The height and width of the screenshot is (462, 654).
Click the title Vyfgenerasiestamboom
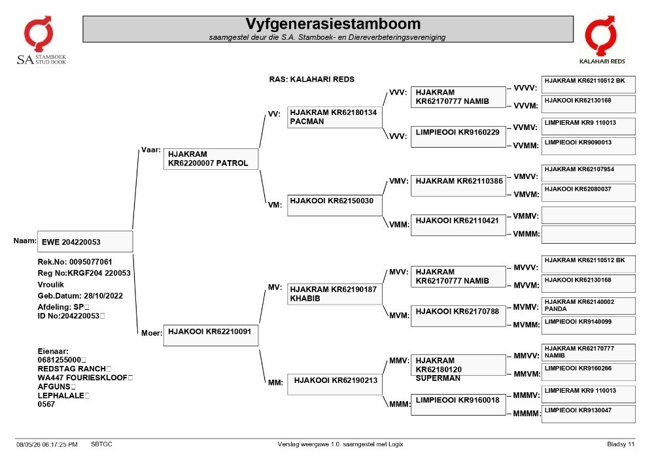pos(333,24)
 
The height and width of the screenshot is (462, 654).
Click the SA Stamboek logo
pos(41,41)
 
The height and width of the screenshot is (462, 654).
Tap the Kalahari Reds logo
pos(602,40)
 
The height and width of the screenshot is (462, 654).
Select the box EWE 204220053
pos(85,242)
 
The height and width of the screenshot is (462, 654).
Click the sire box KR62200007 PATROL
pos(211,159)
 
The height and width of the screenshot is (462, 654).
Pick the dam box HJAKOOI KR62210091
pos(211,335)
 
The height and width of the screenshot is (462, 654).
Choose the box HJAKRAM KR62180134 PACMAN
pos(334,117)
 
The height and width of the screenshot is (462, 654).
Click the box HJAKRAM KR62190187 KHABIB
pos(334,294)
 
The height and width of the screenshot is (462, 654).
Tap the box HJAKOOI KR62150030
pos(334,205)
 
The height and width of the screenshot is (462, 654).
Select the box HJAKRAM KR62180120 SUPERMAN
pos(458,365)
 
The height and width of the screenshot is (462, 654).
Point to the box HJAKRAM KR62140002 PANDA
pos(589,306)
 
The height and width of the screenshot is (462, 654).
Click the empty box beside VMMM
pos(589,235)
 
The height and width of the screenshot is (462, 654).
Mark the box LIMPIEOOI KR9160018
pos(458,404)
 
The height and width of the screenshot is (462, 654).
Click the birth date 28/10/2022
pos(103,296)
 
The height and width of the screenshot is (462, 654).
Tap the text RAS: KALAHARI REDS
pos(311,79)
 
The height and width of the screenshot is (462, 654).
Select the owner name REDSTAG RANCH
pos(72,369)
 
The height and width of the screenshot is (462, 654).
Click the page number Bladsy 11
pos(621,444)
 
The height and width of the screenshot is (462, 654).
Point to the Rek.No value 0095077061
pos(90,262)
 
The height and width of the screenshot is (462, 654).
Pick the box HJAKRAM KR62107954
pos(589,173)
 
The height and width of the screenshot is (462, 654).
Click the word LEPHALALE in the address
pos(61,395)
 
